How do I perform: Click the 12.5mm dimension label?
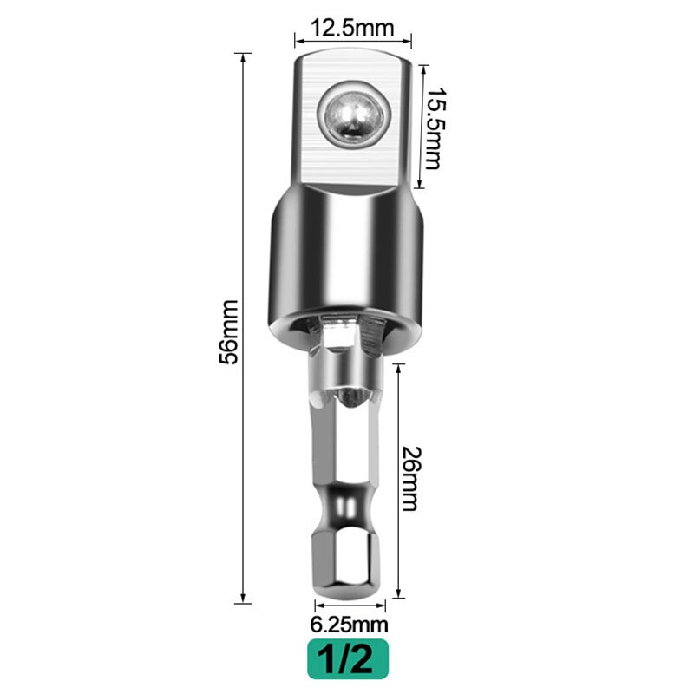(x=352, y=28)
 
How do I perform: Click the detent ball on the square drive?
(x=353, y=115)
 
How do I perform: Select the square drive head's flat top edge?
(x=352, y=53)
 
